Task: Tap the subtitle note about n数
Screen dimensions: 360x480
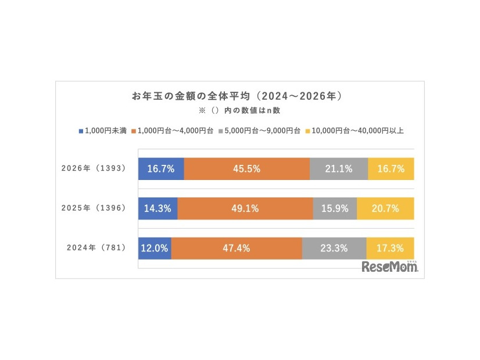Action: (x=239, y=109)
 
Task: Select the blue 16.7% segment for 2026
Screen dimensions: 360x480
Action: (x=161, y=169)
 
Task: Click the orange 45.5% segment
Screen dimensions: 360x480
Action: (x=247, y=169)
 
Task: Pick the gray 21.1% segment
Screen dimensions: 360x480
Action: (x=339, y=169)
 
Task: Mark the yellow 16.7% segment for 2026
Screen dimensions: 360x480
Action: (x=391, y=169)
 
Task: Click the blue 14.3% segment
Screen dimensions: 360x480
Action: (x=157, y=208)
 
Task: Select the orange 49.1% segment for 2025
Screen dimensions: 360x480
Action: (x=245, y=208)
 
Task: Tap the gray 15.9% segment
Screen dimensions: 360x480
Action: (x=335, y=208)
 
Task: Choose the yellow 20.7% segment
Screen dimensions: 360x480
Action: (x=386, y=208)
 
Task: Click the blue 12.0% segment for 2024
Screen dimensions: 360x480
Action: (x=155, y=248)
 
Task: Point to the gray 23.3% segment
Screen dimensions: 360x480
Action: (x=334, y=248)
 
